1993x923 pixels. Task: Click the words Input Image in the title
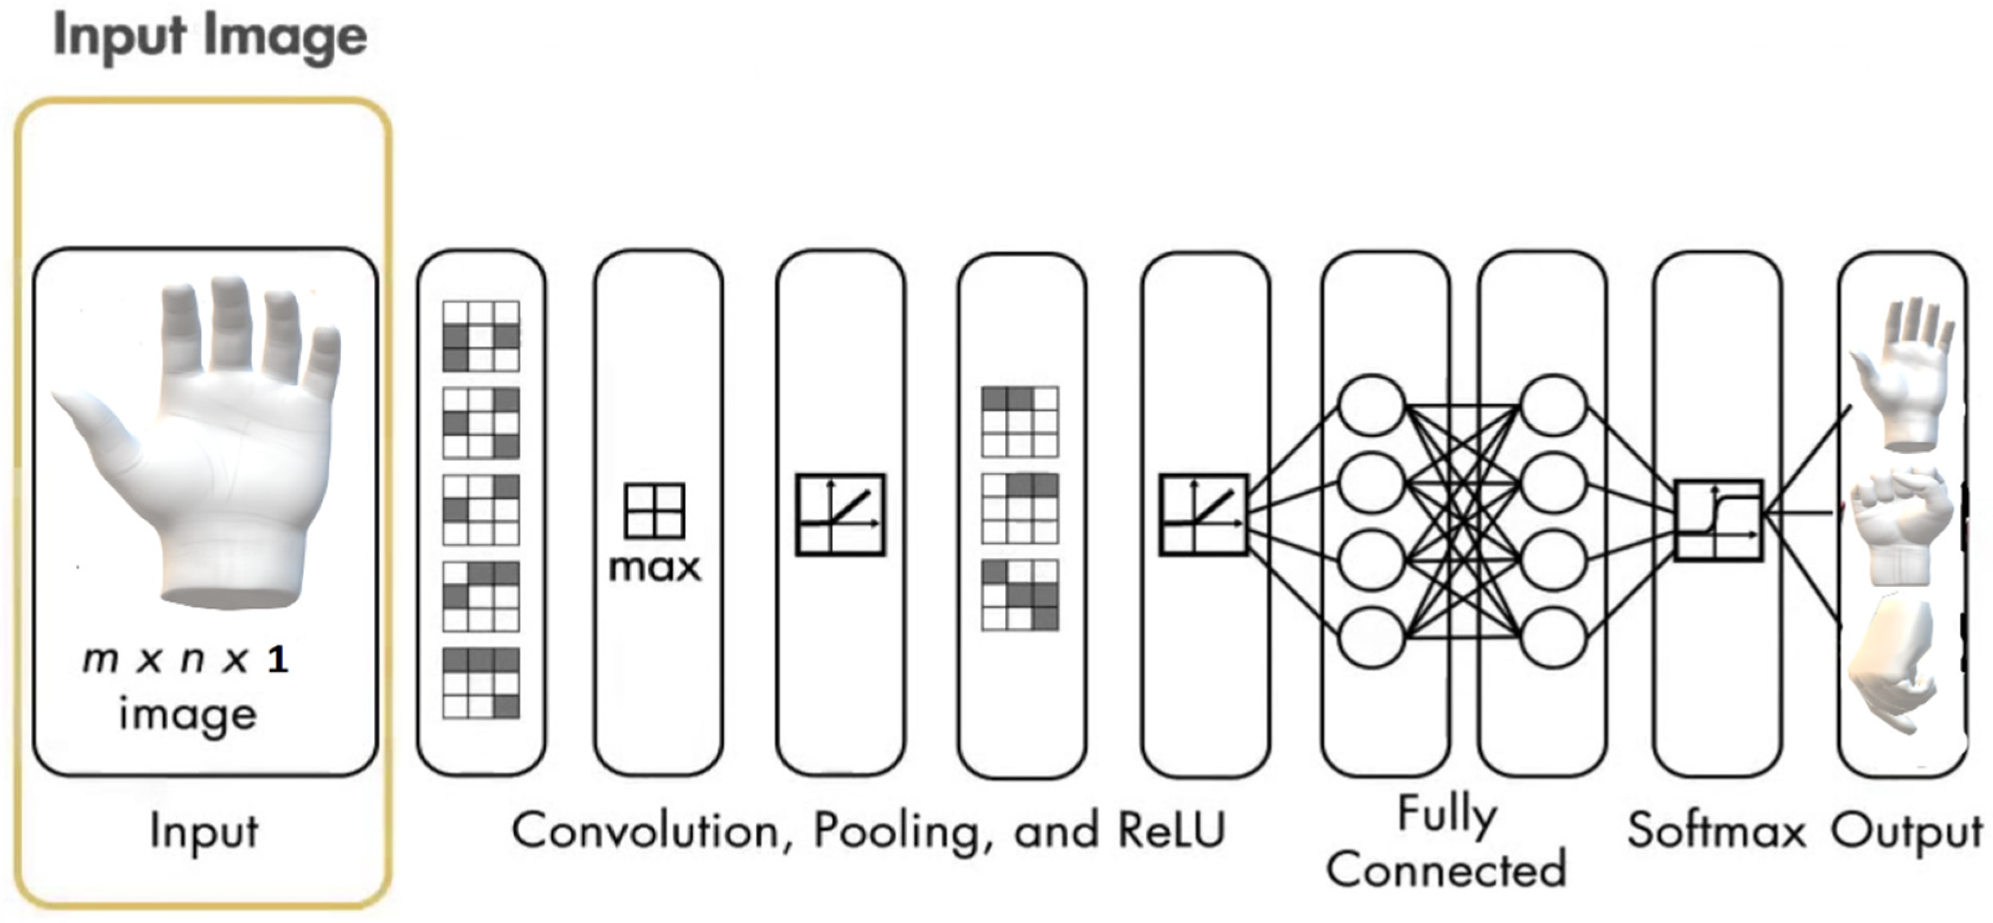[x=210, y=36]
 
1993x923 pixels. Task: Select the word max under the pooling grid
[x=655, y=568]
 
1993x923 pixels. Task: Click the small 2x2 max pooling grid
[x=655, y=511]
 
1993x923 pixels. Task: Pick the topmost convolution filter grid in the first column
[x=480, y=336]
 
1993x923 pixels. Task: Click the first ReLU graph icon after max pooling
[x=840, y=514]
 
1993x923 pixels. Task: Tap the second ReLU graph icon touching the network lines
[x=1203, y=514]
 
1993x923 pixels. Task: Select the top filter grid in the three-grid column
[x=1020, y=422]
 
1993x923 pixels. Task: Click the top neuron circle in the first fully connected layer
[x=1371, y=405]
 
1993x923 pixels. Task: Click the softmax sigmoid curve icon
[x=1718, y=520]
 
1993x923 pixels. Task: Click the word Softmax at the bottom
[x=1716, y=832]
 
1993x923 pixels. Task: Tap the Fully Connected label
[x=1447, y=844]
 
